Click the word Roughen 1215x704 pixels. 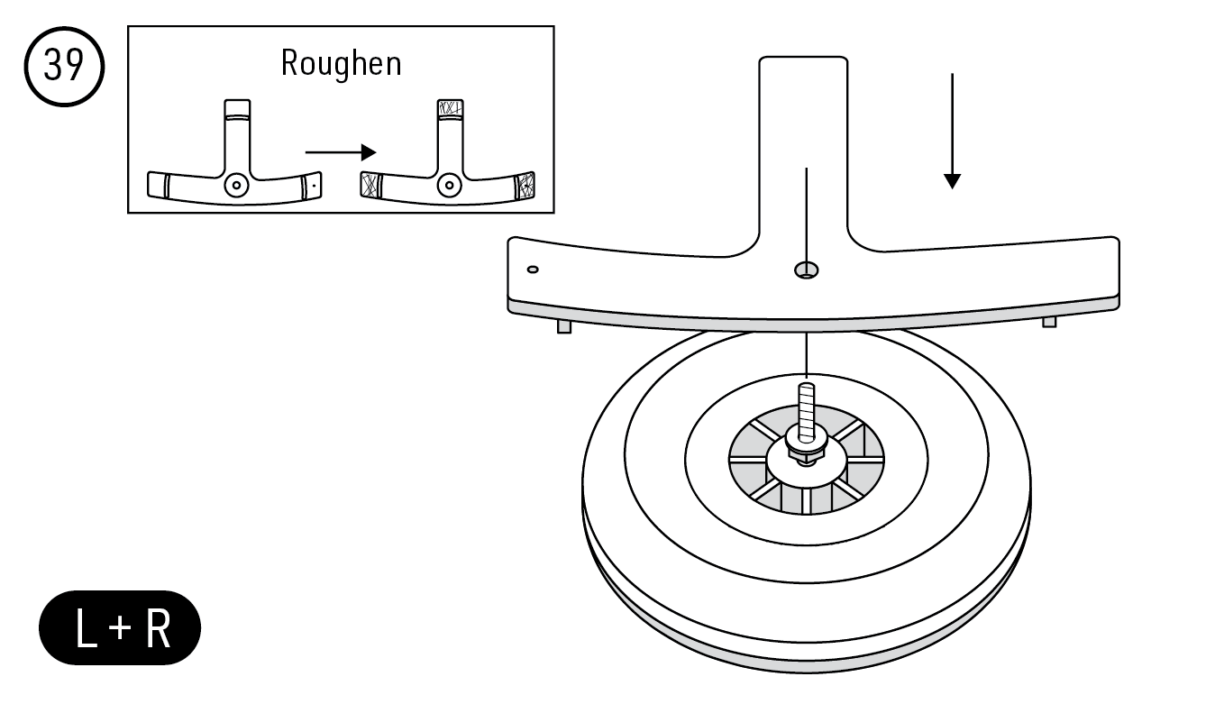pos(341,64)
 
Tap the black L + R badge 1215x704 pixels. pos(120,628)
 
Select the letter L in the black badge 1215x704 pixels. pos(87,629)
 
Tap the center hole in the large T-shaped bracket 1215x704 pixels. pos(805,270)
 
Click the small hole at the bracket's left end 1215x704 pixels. pos(533,269)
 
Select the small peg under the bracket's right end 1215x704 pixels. pos(1049,322)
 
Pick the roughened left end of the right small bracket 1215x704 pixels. pos(370,184)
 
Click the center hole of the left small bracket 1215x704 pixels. pos(236,185)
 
